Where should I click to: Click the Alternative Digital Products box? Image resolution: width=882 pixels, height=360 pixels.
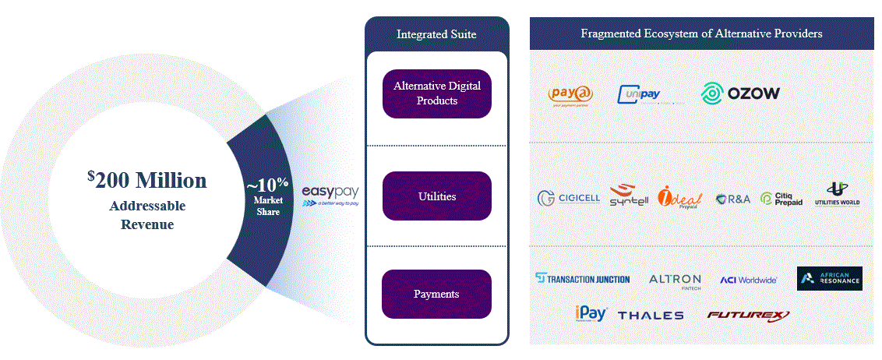click(437, 94)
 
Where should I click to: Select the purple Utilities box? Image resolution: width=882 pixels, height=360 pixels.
click(437, 196)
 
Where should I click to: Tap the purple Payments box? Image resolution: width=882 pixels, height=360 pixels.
click(437, 294)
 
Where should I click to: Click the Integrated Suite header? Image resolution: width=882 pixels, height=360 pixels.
click(436, 34)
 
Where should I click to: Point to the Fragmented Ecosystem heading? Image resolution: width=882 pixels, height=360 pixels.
click(701, 34)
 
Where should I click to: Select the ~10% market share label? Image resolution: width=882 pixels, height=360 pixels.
click(267, 187)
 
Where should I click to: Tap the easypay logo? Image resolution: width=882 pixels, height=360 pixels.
click(330, 194)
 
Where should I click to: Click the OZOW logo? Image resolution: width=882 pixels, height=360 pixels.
click(740, 94)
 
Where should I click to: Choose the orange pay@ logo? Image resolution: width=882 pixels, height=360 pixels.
click(571, 95)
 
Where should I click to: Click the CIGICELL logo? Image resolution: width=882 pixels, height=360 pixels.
click(569, 198)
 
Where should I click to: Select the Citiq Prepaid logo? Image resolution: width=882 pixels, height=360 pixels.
click(781, 199)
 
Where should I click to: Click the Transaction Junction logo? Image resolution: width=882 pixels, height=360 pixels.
click(583, 278)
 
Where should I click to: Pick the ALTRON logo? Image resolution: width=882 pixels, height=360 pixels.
click(675, 280)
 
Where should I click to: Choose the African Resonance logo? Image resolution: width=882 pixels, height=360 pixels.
click(829, 278)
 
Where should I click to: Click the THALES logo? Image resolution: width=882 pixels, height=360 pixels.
click(651, 316)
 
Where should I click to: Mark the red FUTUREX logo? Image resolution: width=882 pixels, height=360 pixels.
click(748, 315)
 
